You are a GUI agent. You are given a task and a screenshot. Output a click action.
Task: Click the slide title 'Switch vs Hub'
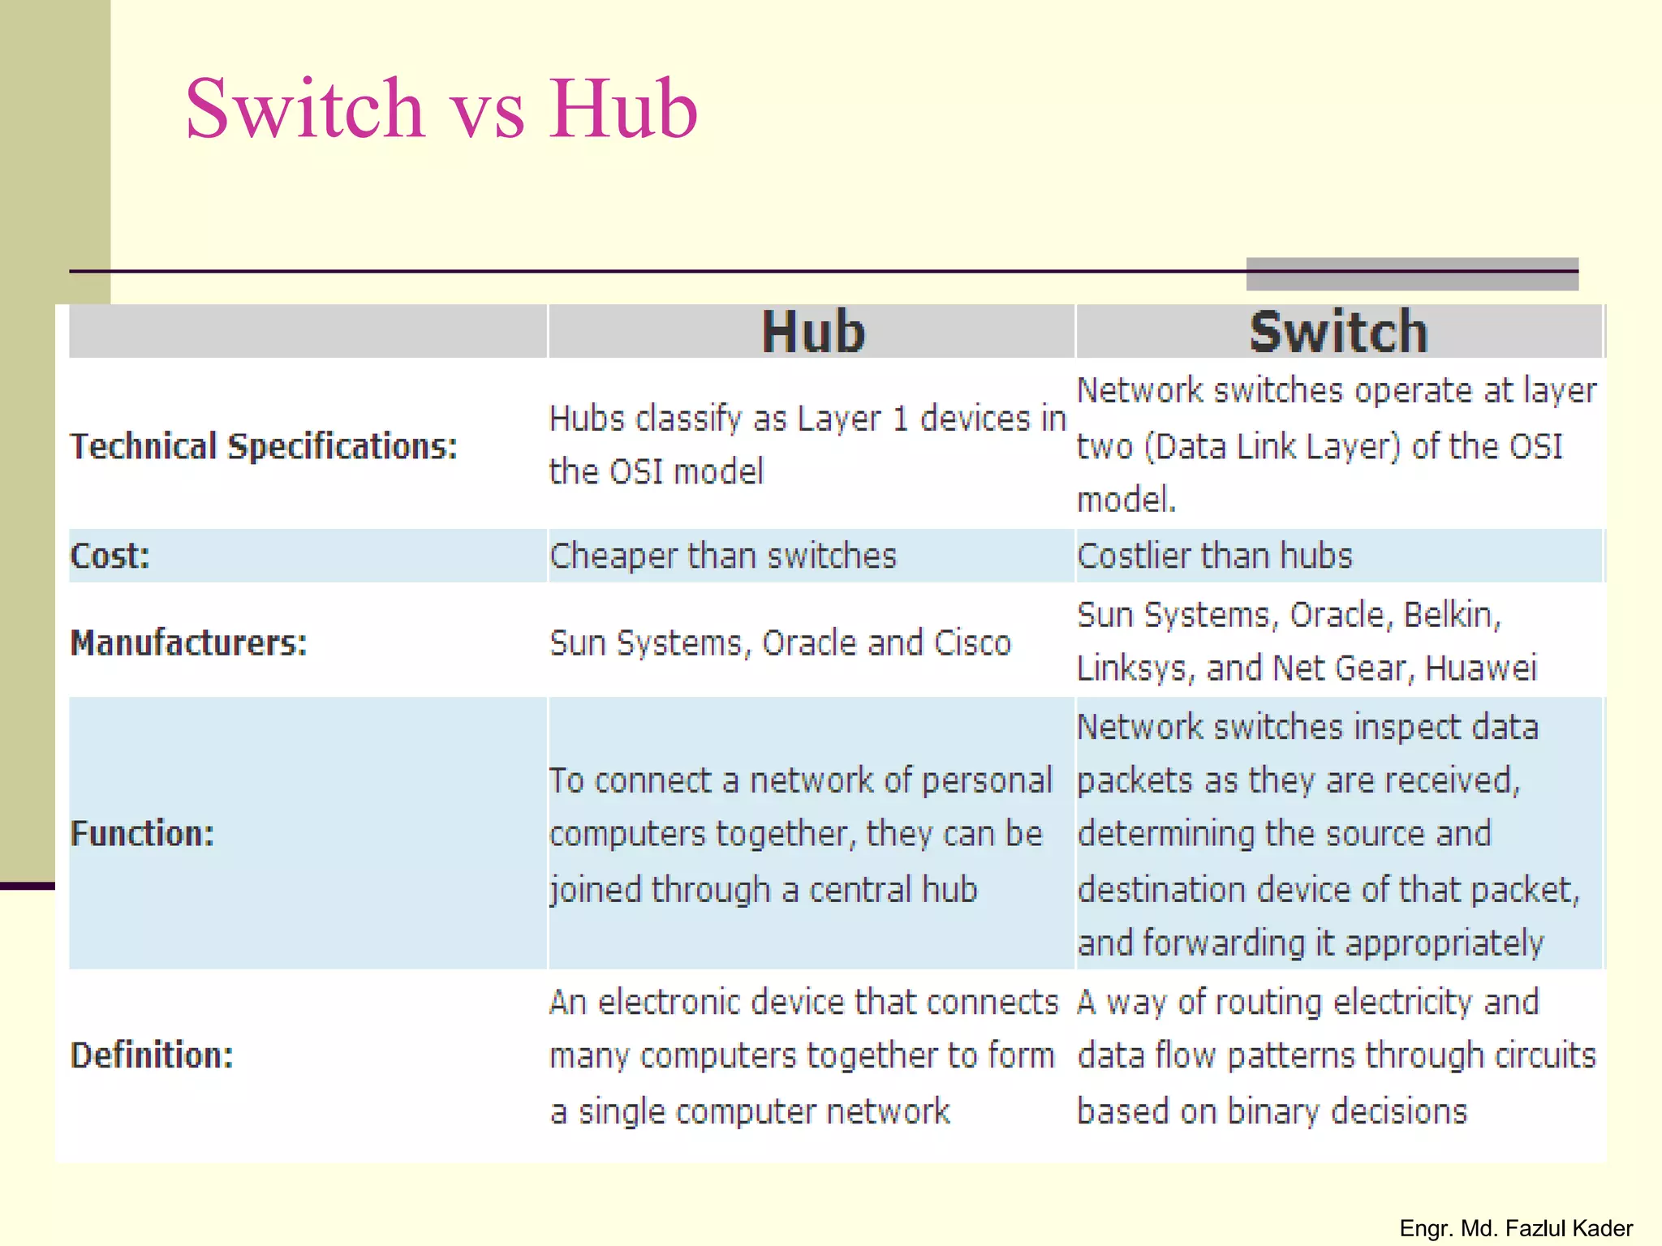441,109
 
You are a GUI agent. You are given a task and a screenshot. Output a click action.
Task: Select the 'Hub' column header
813,333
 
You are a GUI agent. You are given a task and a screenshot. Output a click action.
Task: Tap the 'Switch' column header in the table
1338,333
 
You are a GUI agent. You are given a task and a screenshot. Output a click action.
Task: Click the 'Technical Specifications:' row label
264,447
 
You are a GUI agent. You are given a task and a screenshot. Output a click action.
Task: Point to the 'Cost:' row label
110,556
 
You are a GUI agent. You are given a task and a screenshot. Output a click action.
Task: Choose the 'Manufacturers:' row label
188,643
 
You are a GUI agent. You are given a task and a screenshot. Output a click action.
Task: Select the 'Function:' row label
142,834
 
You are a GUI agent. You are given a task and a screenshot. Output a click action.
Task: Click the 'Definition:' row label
152,1055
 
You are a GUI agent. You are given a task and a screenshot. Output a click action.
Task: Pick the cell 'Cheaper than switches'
722,556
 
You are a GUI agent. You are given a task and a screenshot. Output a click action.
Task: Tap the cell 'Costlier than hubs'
1214,556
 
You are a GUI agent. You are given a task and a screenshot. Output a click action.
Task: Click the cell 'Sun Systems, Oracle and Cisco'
780,643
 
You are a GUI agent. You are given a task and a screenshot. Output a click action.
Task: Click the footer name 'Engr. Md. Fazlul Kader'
1516,1228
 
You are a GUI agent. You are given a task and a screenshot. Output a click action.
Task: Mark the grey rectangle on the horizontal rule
1412,274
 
